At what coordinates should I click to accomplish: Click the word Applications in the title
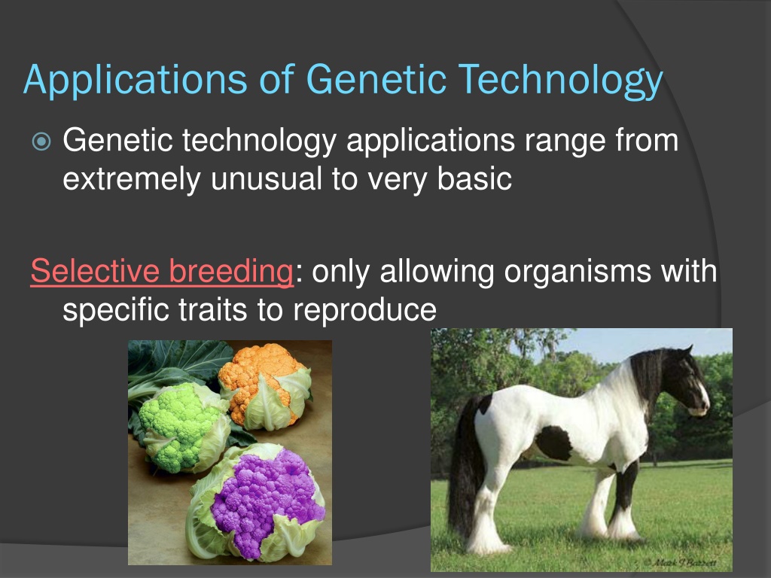pos(136,80)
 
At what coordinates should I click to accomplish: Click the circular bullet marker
pos(41,141)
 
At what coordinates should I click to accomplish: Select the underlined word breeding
pos(231,271)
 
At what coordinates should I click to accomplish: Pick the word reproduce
pos(364,311)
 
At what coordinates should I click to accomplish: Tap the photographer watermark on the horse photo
pos(680,562)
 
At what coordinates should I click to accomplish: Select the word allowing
pos(437,272)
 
